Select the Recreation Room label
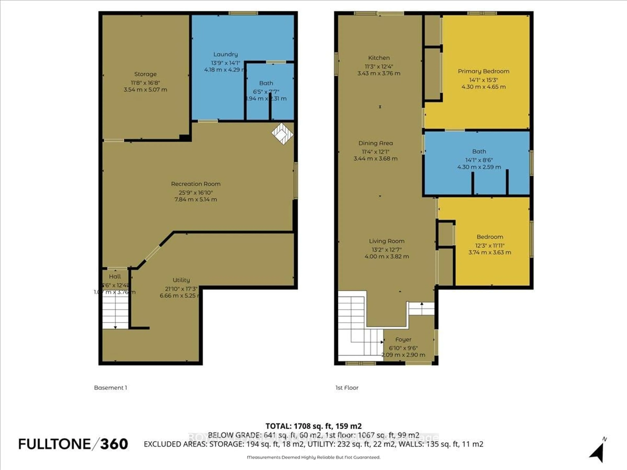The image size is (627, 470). coord(196,184)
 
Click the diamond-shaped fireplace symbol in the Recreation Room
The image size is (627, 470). coord(282,133)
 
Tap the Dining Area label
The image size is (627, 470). coord(376,143)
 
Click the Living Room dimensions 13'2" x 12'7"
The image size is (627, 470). coord(387,250)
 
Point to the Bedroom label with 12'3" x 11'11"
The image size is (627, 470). coord(490,237)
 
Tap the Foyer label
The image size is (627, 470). coord(403,339)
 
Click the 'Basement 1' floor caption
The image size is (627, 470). coord(111,388)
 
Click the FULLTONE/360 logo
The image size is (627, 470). coord(73,444)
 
